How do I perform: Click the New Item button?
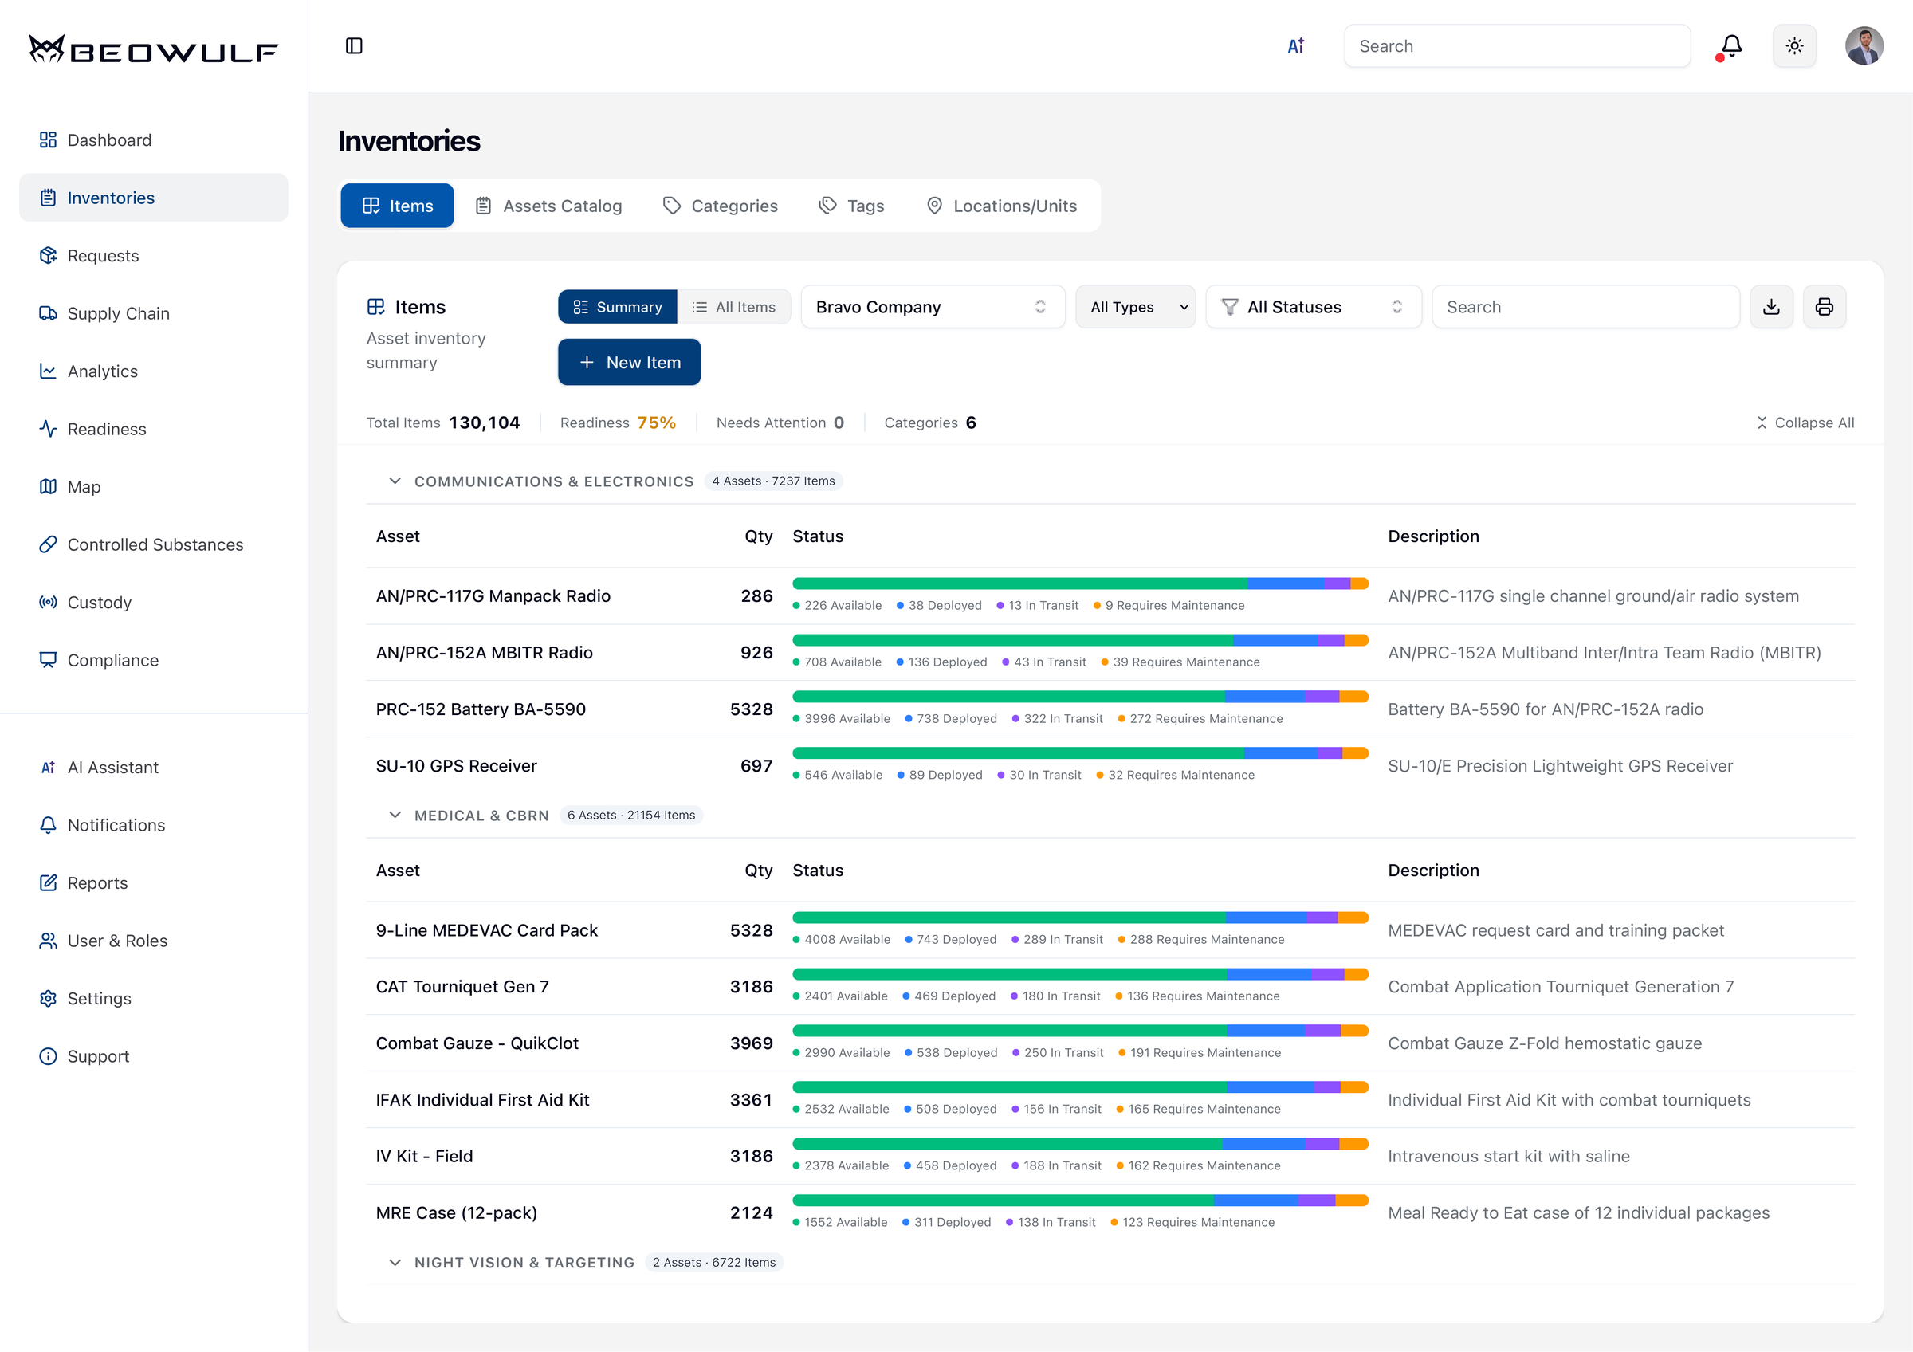coord(629,363)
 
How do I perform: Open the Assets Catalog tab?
coord(549,206)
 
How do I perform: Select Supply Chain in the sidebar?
coord(118,313)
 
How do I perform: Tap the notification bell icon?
coord(1731,45)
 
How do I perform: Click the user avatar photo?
coord(1863,45)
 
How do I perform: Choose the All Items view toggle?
coord(734,308)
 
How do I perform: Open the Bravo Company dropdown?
coord(933,308)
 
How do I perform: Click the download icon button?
coord(1771,308)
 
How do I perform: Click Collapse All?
coord(1805,423)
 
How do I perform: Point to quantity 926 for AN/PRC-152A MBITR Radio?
coord(756,653)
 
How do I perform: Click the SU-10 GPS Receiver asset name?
coord(456,766)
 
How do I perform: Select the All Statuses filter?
coord(1313,308)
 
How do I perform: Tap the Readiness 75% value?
coord(656,423)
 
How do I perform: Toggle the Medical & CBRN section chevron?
coord(395,816)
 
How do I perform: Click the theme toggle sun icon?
coord(1794,45)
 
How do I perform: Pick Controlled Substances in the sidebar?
coord(155,544)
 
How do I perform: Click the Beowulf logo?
coord(153,50)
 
